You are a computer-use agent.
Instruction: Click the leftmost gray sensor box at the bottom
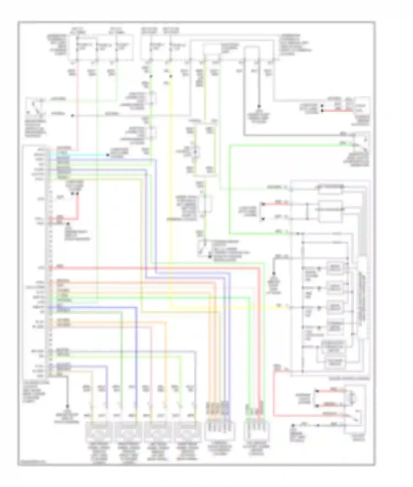tap(99, 432)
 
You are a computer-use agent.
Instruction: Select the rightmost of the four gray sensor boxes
tap(187, 432)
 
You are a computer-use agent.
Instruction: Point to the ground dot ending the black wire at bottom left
tap(67, 406)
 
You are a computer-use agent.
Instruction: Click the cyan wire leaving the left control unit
tap(83, 155)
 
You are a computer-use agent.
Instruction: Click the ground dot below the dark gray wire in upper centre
tap(259, 106)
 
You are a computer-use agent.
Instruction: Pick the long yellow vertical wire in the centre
tap(171, 193)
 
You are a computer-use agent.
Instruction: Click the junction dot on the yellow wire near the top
tap(171, 76)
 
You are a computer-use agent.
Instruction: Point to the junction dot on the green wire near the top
tap(151, 76)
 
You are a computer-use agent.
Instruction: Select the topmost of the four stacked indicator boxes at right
tap(335, 268)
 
